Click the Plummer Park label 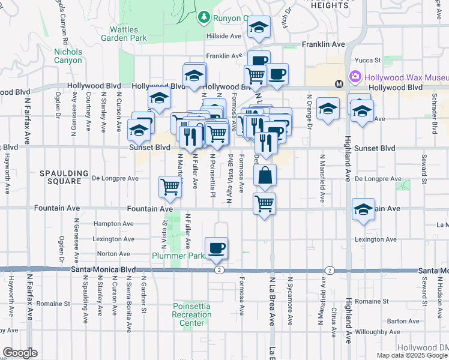181,254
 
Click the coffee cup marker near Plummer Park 216,247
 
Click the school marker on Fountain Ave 363,209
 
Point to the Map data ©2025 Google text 412,355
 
